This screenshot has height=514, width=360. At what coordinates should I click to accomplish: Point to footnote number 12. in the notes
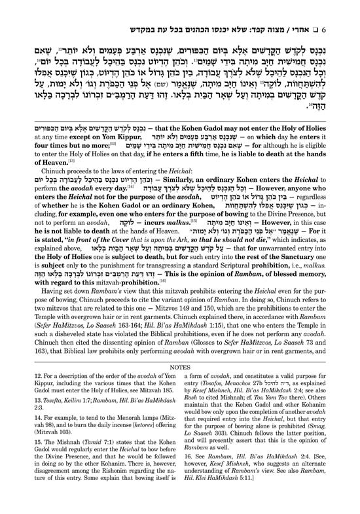pyautogui.click(x=24, y=398)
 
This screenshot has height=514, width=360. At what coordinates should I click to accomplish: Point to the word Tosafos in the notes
pyautogui.click(x=217, y=407)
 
